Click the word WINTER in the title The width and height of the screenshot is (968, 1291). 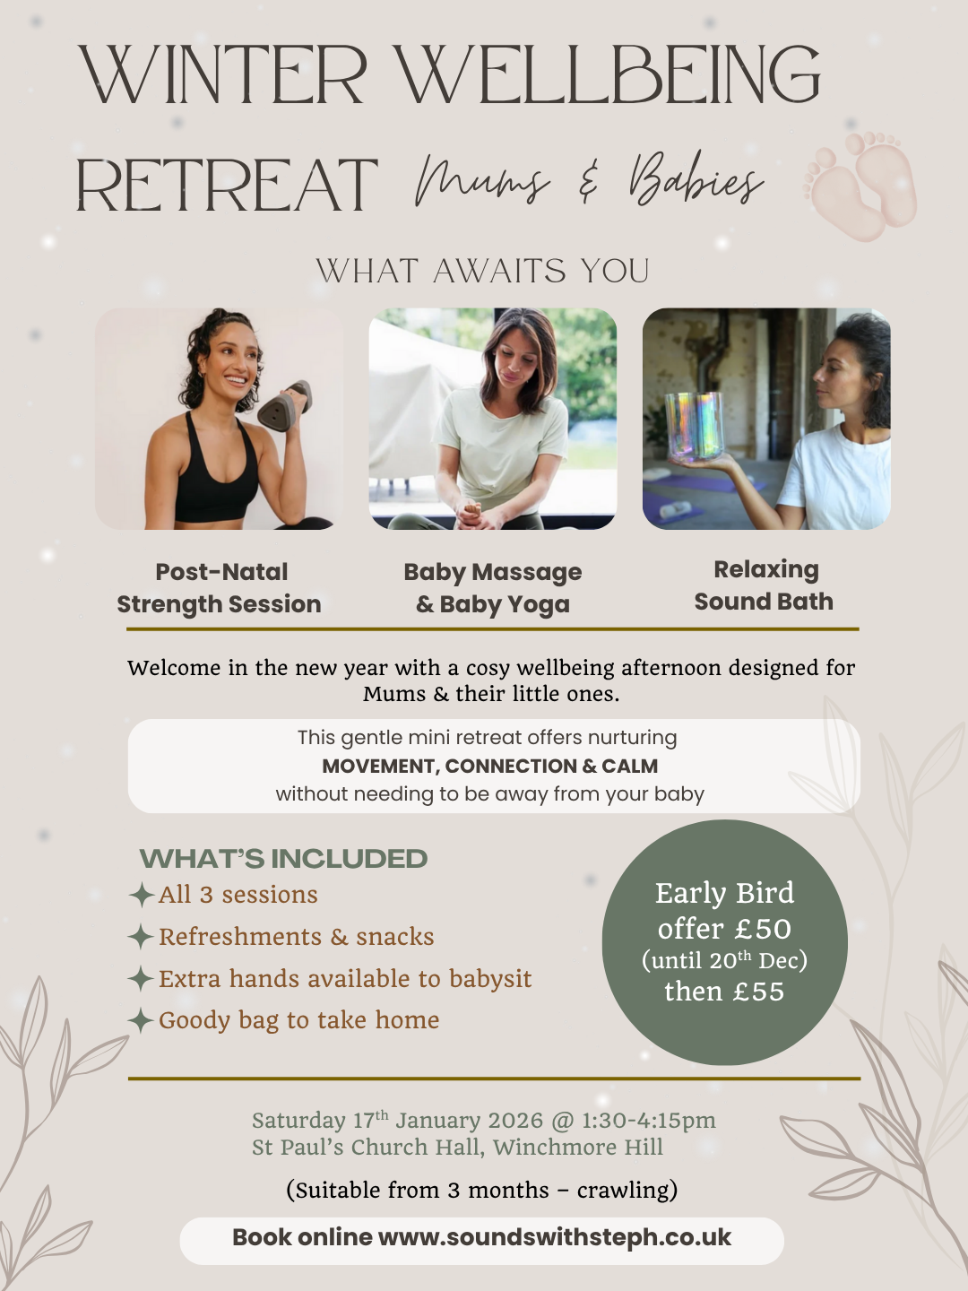(x=224, y=75)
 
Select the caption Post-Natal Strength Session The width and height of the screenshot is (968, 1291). (x=220, y=588)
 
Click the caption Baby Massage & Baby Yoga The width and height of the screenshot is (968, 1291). (x=493, y=588)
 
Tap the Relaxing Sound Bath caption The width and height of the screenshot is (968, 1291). (x=765, y=585)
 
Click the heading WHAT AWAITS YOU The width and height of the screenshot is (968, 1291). (x=483, y=271)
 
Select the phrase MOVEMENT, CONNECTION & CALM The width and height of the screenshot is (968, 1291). (x=489, y=767)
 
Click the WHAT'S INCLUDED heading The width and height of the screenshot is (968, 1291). (x=283, y=859)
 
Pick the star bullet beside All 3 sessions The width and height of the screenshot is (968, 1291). (x=141, y=895)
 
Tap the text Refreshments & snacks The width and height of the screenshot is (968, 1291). (x=296, y=937)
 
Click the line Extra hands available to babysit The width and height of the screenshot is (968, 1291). (x=345, y=979)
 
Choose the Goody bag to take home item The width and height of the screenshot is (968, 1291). (x=298, y=1020)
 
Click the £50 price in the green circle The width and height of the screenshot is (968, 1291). (x=762, y=930)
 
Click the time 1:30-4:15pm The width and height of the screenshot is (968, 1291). (x=649, y=1121)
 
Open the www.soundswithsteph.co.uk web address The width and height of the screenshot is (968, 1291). (x=555, y=1238)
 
